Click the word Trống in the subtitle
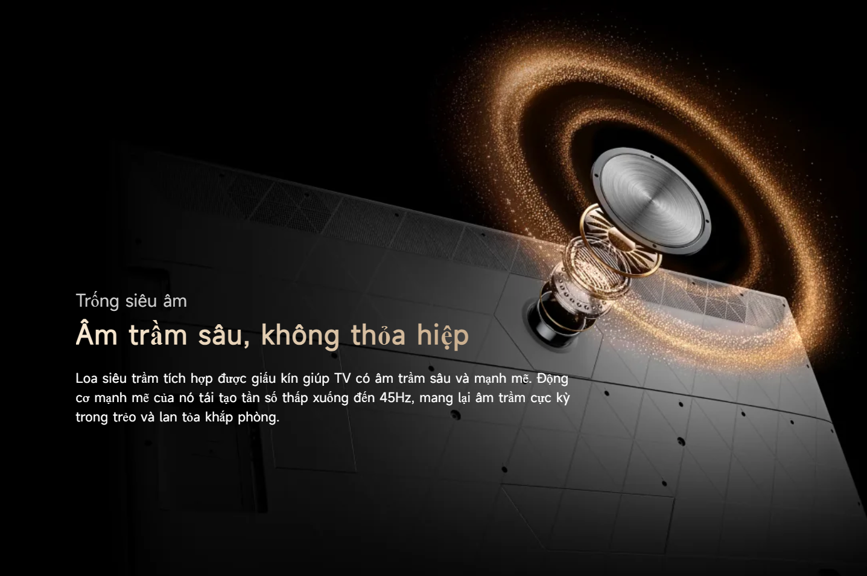point(97,301)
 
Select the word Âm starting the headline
point(97,333)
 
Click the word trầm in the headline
point(158,334)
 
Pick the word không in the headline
point(300,334)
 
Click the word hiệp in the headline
point(443,334)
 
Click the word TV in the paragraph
point(342,379)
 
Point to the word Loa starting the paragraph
point(86,379)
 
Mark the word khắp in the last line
point(218,418)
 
